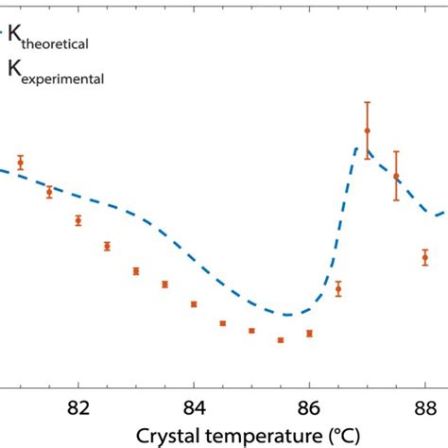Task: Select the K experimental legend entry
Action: (57, 69)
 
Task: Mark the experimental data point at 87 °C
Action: (367, 130)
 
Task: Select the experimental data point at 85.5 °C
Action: (281, 340)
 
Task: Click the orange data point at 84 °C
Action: (194, 304)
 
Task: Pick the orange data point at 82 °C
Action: (78, 220)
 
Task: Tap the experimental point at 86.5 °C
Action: (338, 289)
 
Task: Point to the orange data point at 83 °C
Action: (136, 271)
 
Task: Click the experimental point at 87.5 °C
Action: (396, 176)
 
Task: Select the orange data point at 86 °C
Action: (309, 334)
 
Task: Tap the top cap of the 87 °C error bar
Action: (367, 102)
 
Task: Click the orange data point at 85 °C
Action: (251, 331)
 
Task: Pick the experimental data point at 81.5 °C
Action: (49, 192)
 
